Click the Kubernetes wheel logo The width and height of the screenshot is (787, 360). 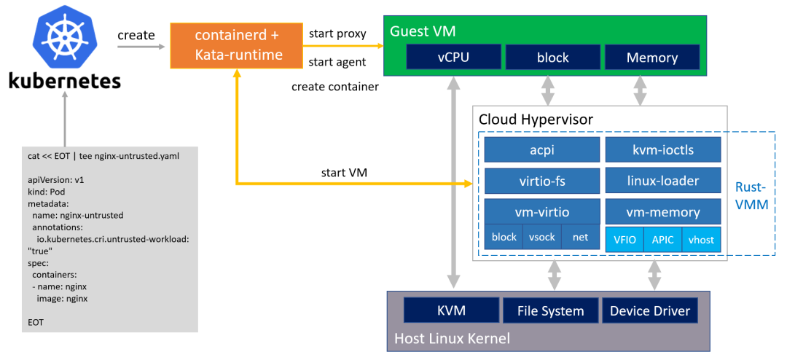(64, 37)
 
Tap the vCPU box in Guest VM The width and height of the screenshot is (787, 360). (453, 58)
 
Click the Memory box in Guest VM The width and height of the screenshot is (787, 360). (652, 58)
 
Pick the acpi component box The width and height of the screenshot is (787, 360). (542, 150)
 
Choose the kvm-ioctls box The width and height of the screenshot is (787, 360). (663, 150)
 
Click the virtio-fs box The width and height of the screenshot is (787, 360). (542, 181)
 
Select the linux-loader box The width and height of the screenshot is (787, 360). (663, 181)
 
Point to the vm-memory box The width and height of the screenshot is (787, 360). (663, 212)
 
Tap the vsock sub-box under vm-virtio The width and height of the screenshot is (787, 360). (542, 238)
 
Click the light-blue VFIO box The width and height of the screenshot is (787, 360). (624, 239)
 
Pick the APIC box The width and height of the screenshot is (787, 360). (663, 239)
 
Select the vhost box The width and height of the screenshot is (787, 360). (702, 239)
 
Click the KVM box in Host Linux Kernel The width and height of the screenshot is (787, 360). (450, 310)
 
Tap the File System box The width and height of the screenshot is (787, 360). (550, 310)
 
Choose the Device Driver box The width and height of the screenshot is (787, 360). (650, 310)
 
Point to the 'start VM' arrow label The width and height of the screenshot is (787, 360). (343, 173)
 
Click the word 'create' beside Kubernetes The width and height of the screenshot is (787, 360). (136, 35)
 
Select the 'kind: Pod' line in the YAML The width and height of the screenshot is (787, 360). (47, 190)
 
